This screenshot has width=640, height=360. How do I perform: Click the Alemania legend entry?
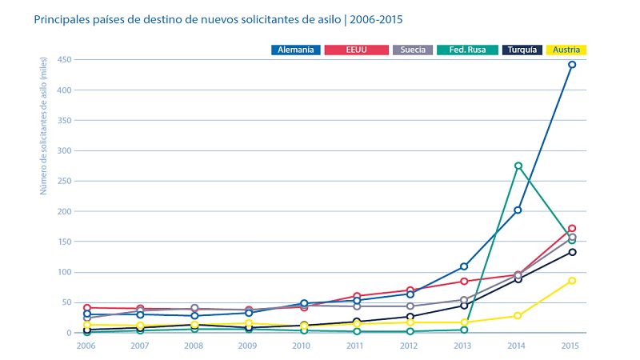(x=295, y=50)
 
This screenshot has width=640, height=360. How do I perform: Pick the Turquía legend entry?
(x=525, y=50)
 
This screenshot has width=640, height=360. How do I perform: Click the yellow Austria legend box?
(x=566, y=50)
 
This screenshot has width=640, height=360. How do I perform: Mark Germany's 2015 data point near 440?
(x=572, y=65)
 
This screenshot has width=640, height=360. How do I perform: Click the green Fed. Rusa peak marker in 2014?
(x=518, y=166)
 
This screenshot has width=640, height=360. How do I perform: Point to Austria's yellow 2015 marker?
(x=572, y=281)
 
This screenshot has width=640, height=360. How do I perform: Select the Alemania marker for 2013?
(x=464, y=266)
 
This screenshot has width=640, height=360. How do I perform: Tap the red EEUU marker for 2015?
(x=572, y=229)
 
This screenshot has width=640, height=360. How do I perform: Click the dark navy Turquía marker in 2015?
(x=572, y=252)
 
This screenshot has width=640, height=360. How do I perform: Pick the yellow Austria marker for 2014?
(x=518, y=315)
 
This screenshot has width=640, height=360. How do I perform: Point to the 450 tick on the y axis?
(x=65, y=59)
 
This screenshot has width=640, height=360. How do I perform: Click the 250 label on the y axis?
(x=65, y=181)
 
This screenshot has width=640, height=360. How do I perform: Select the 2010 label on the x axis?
(x=302, y=345)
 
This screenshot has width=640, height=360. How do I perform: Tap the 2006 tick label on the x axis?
(x=86, y=345)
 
